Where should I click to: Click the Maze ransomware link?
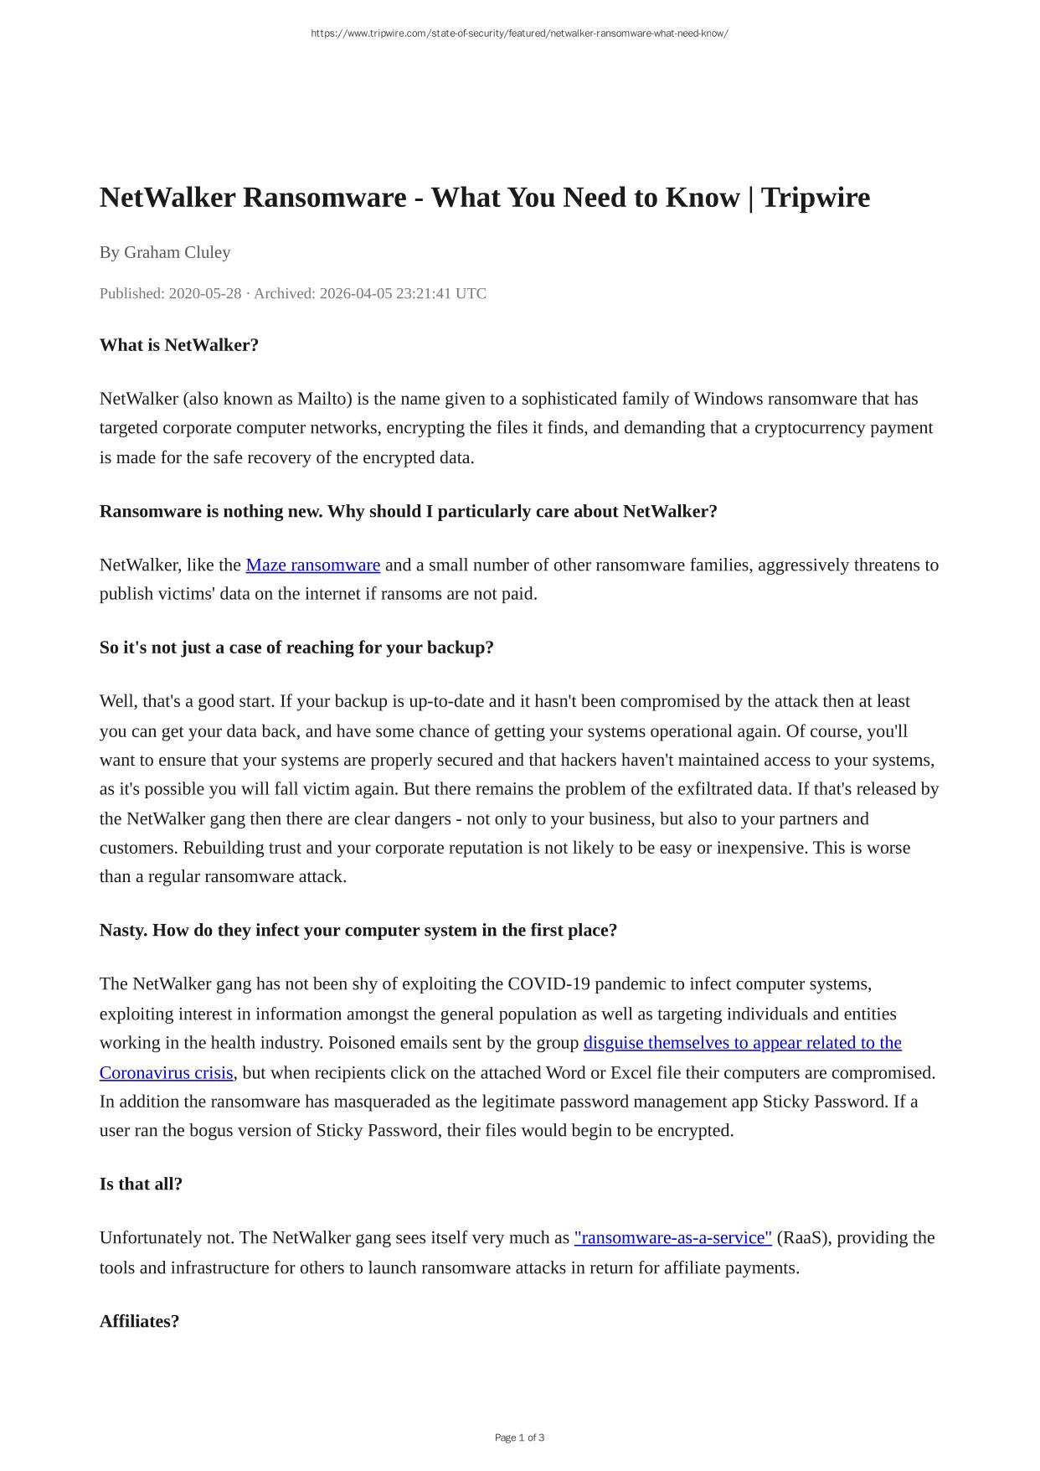[x=312, y=565]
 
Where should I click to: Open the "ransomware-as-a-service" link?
[x=672, y=1238]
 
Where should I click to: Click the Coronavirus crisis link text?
[x=166, y=1073]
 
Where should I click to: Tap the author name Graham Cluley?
[x=177, y=252]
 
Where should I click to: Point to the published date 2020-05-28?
[x=204, y=293]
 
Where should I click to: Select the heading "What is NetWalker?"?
[x=178, y=345]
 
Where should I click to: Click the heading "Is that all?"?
[x=141, y=1185]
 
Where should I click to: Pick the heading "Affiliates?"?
[x=139, y=1322]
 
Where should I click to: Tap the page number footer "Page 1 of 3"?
[x=519, y=1437]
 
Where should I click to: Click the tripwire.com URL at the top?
[x=519, y=34]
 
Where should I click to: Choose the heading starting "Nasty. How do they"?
[x=358, y=931]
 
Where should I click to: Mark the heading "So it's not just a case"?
[x=296, y=648]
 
